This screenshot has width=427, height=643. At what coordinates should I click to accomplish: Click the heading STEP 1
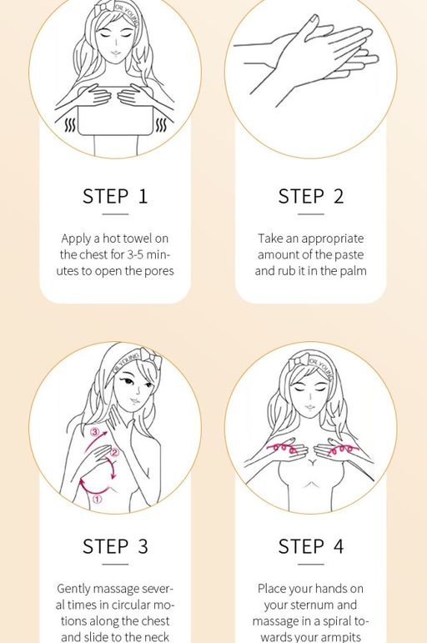pyautogui.click(x=115, y=196)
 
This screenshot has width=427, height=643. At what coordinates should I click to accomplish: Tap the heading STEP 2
pyautogui.click(x=310, y=196)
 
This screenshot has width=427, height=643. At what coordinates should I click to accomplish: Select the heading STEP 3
pyautogui.click(x=115, y=546)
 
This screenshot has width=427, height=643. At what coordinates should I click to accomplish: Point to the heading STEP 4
pyautogui.click(x=310, y=546)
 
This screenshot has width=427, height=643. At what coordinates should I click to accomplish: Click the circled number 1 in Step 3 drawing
pyautogui.click(x=97, y=500)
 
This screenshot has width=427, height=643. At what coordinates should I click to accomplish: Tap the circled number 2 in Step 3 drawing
pyautogui.click(x=115, y=453)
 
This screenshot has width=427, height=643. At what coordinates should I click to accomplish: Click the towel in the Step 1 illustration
pyautogui.click(x=115, y=124)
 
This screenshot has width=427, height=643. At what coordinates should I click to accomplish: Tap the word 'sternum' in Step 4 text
pyautogui.click(x=310, y=605)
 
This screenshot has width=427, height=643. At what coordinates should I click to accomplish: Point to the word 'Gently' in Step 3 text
pyautogui.click(x=74, y=589)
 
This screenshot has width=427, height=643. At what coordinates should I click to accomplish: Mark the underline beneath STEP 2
pyautogui.click(x=310, y=214)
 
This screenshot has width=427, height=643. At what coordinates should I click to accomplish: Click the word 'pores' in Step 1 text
pyautogui.click(x=157, y=271)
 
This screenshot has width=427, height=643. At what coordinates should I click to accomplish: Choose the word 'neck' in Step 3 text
pyautogui.click(x=154, y=637)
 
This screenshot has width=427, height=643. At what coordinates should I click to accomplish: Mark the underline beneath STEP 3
pyautogui.click(x=115, y=565)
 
